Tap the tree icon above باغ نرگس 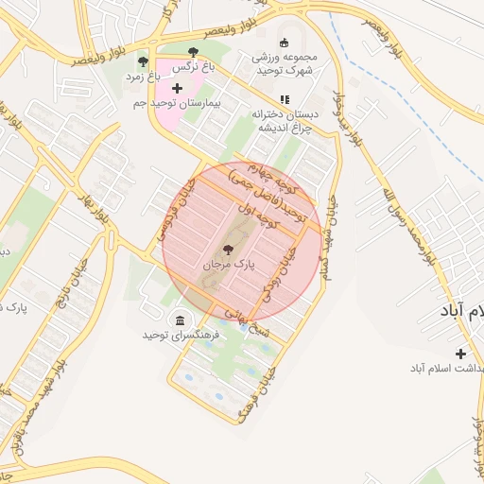tap(194, 53)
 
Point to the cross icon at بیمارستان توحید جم tap(177, 87)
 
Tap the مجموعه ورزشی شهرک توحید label tap(285, 64)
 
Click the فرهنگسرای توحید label tap(176, 335)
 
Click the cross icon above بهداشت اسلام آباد tap(460, 354)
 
